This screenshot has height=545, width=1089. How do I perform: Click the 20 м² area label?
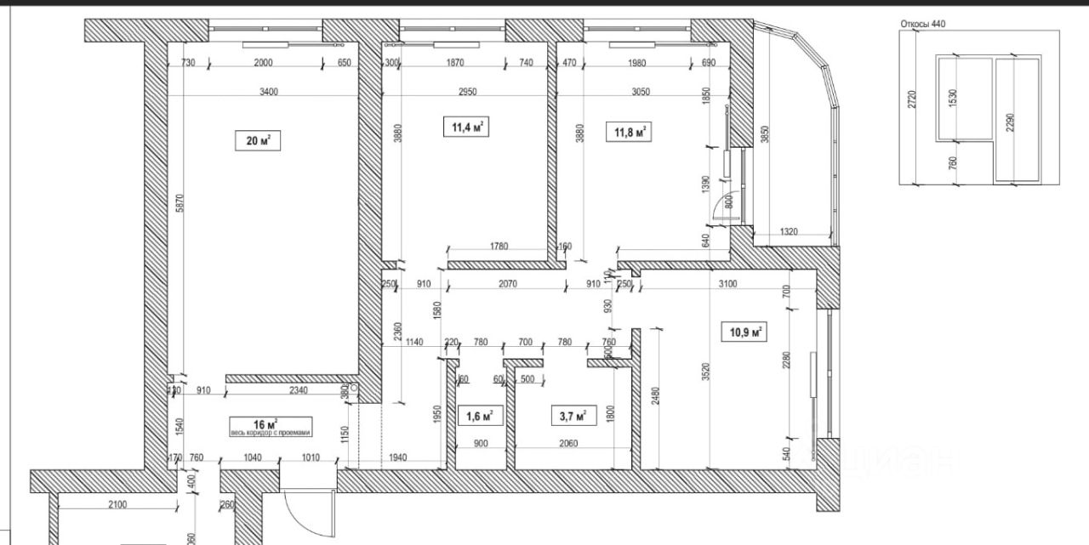pos(258,140)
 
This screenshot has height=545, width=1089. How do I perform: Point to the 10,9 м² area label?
pos(743,332)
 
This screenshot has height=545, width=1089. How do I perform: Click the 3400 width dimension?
pos(269,91)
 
